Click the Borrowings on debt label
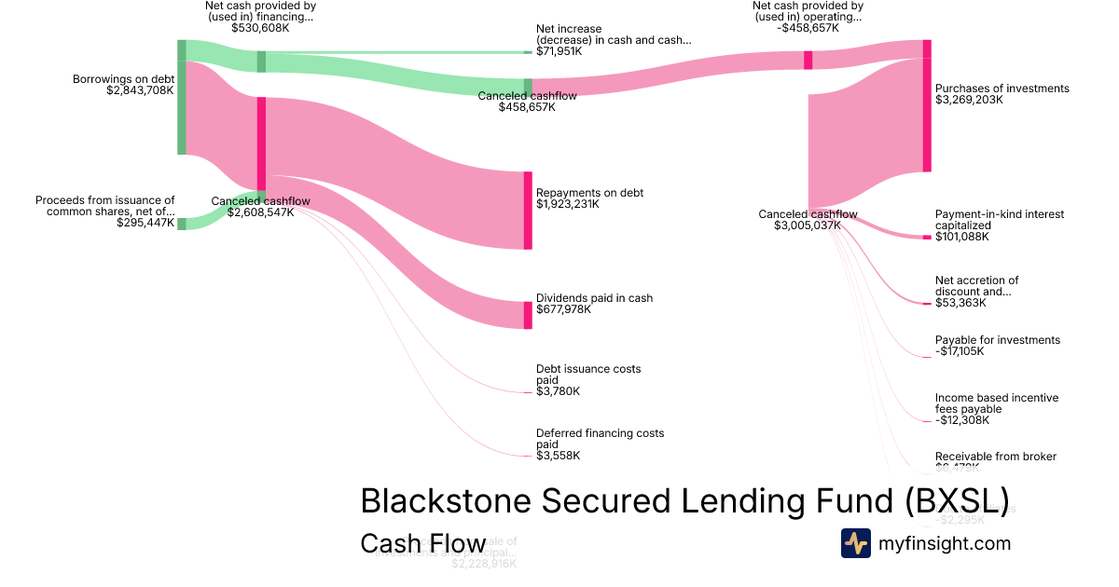(x=123, y=79)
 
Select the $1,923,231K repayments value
(x=568, y=204)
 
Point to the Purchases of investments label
(x=1002, y=89)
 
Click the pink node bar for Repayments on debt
(x=528, y=211)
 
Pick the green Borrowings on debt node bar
(x=182, y=98)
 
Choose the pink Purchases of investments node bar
(x=927, y=106)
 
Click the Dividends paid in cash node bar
(x=528, y=315)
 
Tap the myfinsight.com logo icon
(x=855, y=543)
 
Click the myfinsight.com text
(x=945, y=543)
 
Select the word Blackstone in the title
(x=435, y=500)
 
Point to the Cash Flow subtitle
(x=422, y=544)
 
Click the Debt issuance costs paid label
(x=588, y=375)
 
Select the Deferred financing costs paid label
(x=600, y=438)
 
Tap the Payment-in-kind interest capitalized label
(x=999, y=220)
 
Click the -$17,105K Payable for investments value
(x=960, y=351)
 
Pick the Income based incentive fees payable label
(x=997, y=403)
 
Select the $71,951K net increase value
(x=559, y=51)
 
